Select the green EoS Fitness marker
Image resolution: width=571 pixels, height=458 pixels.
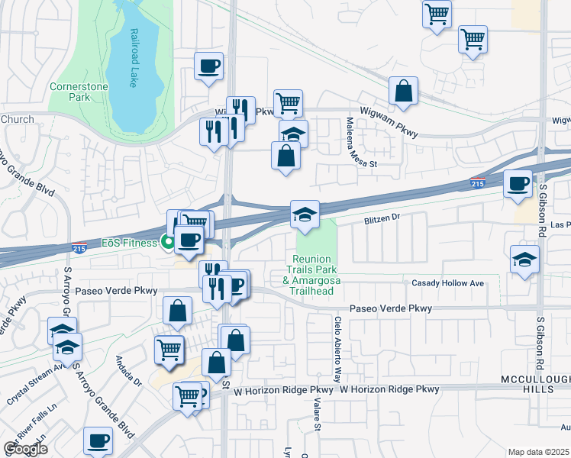[166, 244]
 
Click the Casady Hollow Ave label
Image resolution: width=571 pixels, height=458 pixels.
[448, 283]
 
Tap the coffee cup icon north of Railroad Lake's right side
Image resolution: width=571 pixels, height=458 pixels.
[208, 66]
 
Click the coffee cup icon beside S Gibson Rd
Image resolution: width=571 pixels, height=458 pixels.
[518, 184]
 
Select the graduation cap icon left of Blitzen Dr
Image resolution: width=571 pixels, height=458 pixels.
[305, 214]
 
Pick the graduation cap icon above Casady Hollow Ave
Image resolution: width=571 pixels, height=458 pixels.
[524, 260]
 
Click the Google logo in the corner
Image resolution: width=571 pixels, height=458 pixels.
[25, 449]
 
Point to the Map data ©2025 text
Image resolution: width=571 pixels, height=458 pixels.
[538, 452]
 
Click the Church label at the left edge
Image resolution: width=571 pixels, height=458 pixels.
[17, 119]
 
